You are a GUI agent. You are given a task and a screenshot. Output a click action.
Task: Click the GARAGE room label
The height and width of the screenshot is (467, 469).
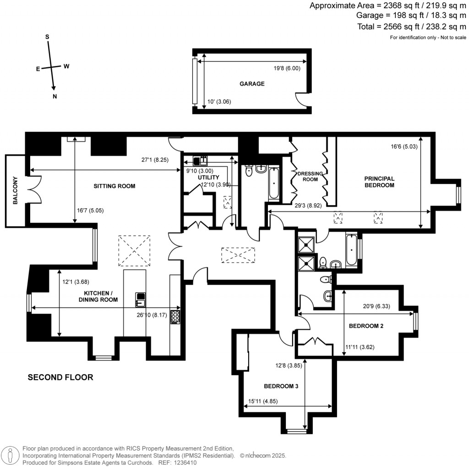[251, 84]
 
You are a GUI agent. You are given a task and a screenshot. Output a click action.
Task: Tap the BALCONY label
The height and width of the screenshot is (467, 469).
[15, 190]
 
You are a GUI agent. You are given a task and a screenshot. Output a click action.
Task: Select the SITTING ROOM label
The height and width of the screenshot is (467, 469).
[115, 186]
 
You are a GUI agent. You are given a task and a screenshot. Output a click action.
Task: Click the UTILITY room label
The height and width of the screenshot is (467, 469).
[208, 177]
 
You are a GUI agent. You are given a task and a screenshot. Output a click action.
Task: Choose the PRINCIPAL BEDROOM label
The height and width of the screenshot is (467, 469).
[379, 182]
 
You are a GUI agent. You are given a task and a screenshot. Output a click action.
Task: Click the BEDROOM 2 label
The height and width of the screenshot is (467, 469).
[366, 326]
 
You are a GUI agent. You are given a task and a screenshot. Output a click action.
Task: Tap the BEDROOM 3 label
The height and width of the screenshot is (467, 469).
[281, 386]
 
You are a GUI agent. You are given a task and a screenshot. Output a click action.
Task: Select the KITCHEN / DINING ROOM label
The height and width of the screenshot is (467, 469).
[100, 296]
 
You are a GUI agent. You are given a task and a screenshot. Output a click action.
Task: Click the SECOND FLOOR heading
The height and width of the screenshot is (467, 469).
[60, 378]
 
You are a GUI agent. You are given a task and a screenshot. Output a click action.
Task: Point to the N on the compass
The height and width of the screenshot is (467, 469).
[55, 96]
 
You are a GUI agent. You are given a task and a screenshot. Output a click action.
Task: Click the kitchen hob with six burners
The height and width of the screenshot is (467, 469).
[175, 317]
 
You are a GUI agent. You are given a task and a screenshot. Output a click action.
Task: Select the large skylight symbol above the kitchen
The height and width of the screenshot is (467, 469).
[134, 250]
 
